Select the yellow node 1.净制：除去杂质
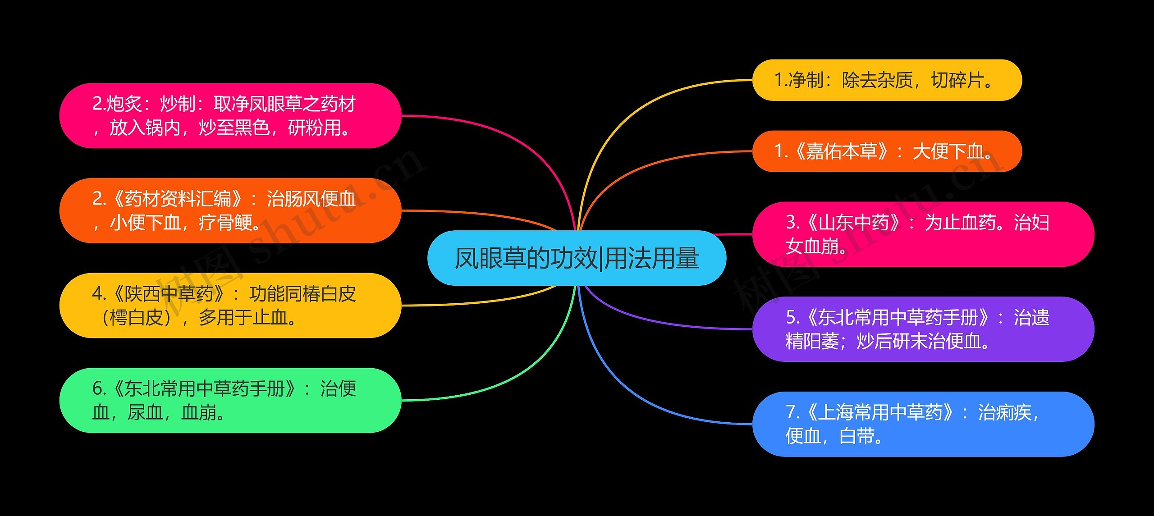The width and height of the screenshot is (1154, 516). click(886, 80)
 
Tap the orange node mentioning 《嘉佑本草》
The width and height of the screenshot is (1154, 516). click(886, 151)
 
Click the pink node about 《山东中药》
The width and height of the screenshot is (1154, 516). click(922, 234)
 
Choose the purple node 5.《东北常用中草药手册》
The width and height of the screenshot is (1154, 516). click(922, 329)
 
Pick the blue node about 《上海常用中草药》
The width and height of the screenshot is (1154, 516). click(922, 424)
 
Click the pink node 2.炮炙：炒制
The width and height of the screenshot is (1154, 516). click(230, 116)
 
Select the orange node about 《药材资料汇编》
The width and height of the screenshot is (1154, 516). click(230, 210)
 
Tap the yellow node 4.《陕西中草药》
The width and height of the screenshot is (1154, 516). click(230, 306)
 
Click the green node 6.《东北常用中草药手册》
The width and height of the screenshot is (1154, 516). click(230, 401)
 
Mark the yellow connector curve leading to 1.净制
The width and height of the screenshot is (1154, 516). click(631, 113)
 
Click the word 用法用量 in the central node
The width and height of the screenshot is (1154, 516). click(652, 258)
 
